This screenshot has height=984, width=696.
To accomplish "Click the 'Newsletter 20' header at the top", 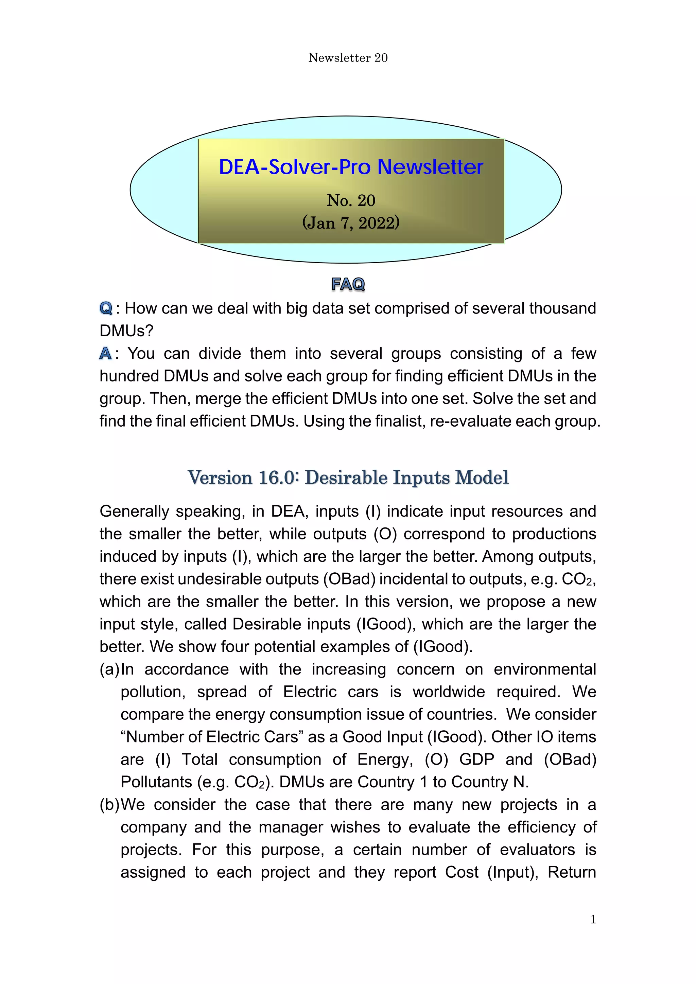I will pyautogui.click(x=348, y=58).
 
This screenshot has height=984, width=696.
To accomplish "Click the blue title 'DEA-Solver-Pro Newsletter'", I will pyautogui.click(x=351, y=167).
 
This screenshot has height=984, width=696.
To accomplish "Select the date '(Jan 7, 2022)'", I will pyautogui.click(x=351, y=223).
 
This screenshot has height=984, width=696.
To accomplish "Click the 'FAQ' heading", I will pyautogui.click(x=348, y=284).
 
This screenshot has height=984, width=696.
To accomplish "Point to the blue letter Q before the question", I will pyautogui.click(x=105, y=308).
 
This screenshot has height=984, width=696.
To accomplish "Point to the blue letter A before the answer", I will pyautogui.click(x=105, y=354).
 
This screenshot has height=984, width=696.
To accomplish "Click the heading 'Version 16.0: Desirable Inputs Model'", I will pyautogui.click(x=348, y=478).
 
